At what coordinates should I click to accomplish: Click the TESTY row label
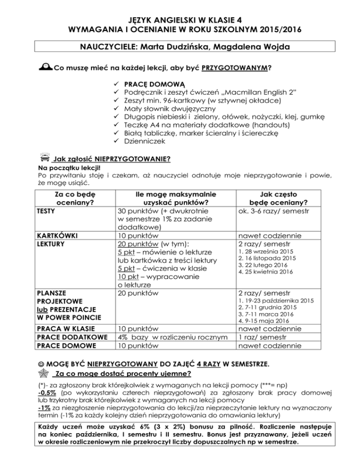pyautogui.click(x=44, y=211)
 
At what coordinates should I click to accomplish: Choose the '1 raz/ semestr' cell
pyautogui.click(x=257, y=338)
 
